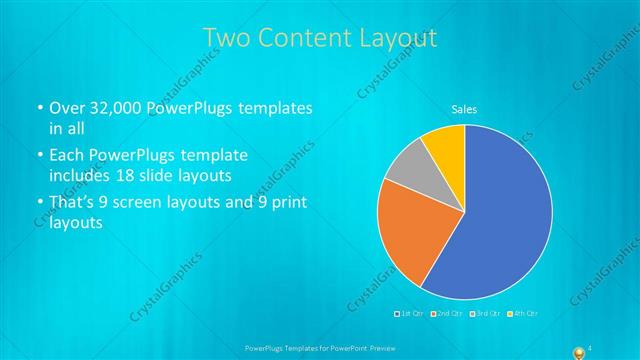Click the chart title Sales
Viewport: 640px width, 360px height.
coord(464,108)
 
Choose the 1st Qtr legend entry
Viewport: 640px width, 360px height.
coord(410,314)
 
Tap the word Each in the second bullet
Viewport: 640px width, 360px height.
coord(67,156)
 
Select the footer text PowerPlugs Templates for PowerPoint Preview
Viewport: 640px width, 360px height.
coord(319,347)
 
